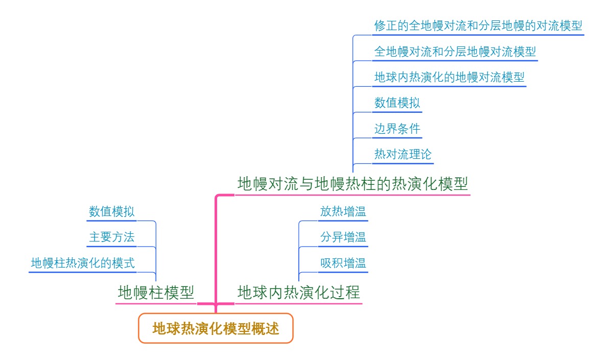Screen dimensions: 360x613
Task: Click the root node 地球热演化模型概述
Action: pos(216,328)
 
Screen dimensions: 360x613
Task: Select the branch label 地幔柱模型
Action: pos(156,293)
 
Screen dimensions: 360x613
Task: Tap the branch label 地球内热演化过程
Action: pos(299,293)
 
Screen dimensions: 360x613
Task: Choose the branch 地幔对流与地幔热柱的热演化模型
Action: pos(352,184)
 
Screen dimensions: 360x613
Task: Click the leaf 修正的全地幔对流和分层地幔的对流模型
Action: pos(478,26)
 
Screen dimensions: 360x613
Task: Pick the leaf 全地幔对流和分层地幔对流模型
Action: pos(455,52)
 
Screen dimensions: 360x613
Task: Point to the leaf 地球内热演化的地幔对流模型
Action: pos(449,78)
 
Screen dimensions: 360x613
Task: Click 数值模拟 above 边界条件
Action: pos(397,103)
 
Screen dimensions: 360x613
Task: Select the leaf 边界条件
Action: pos(397,129)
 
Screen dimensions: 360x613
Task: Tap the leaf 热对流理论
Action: pos(403,154)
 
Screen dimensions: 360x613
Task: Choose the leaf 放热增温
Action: pos(343,211)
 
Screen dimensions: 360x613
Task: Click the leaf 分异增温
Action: pos(343,237)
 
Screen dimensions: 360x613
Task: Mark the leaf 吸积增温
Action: pos(343,263)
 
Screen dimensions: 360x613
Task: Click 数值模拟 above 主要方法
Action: pos(111,211)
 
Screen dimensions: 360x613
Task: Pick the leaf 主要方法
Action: pos(111,237)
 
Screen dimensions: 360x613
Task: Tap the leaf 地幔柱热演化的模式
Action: pos(83,263)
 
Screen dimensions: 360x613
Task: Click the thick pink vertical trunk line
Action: pos(217,245)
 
